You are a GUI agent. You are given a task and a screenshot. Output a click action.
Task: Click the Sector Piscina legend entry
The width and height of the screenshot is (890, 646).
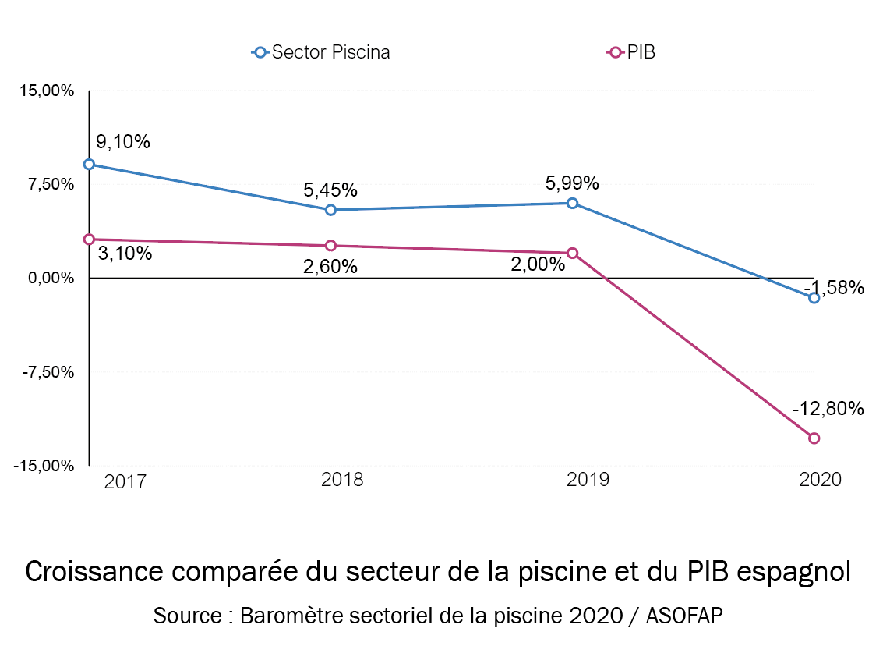pyautogui.click(x=321, y=52)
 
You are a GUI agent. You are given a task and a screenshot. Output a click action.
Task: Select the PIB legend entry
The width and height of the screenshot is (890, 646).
pyautogui.click(x=631, y=52)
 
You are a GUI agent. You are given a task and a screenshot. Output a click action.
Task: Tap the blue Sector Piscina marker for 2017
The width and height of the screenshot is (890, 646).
pyautogui.click(x=89, y=165)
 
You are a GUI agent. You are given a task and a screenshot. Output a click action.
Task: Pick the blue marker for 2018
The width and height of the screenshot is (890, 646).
pyautogui.click(x=330, y=210)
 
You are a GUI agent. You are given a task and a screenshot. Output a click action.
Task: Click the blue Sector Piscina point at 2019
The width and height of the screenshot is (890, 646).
pyautogui.click(x=573, y=203)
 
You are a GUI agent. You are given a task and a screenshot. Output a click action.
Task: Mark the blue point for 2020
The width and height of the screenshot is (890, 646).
pyautogui.click(x=814, y=298)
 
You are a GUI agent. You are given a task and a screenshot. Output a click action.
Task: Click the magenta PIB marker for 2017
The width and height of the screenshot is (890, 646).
pyautogui.click(x=89, y=240)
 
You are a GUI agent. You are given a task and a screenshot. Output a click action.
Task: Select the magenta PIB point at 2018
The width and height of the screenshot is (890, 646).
pyautogui.click(x=330, y=246)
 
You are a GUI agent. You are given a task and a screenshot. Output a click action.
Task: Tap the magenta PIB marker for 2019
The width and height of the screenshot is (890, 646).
pyautogui.click(x=573, y=253)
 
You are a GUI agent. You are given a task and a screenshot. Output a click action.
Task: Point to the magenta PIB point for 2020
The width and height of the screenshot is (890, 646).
pyautogui.click(x=814, y=438)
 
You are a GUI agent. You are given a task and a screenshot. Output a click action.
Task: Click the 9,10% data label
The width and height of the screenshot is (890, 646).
pyautogui.click(x=123, y=142)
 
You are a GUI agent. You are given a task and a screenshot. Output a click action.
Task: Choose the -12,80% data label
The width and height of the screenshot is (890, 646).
pyautogui.click(x=828, y=409)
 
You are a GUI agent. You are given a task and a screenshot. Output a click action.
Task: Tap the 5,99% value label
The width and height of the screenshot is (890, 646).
pyautogui.click(x=572, y=183)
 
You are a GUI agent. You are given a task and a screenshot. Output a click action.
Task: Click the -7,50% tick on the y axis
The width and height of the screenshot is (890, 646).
pyautogui.click(x=49, y=372)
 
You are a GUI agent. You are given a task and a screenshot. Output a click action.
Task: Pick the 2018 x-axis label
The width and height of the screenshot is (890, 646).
pyautogui.click(x=342, y=479)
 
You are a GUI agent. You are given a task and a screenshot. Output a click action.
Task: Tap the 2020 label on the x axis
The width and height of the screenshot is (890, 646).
pyautogui.click(x=821, y=479)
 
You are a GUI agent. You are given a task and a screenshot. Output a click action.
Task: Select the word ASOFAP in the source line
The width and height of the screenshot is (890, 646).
pyautogui.click(x=689, y=615)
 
